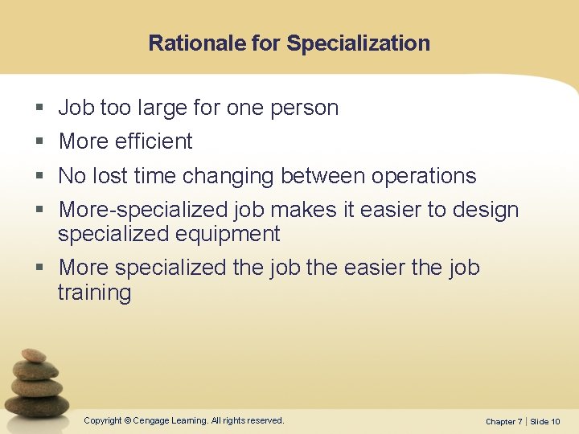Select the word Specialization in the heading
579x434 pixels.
[358, 43]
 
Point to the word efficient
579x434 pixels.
[154, 141]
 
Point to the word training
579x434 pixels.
[94, 293]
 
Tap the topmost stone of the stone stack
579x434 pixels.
[34, 355]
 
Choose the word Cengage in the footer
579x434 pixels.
[156, 420]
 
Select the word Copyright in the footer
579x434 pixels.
[103, 420]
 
